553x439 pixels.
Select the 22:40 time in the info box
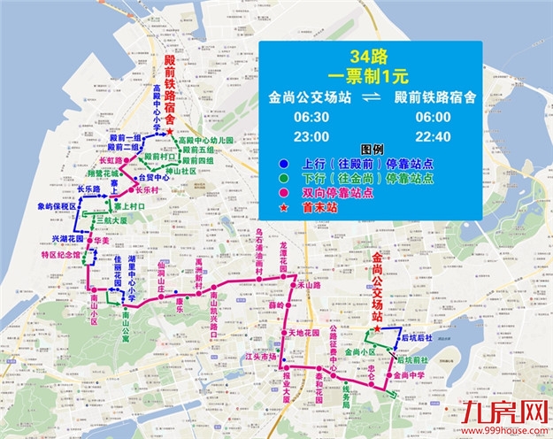[434, 135]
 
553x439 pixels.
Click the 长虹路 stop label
[110, 162]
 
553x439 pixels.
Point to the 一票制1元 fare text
[370, 74]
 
